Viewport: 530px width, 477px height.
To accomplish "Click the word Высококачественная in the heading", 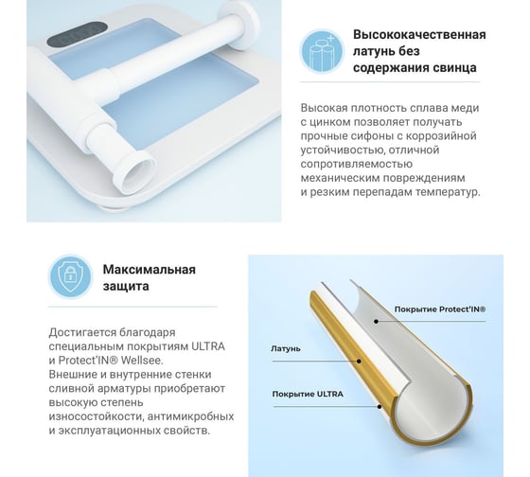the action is (419, 34).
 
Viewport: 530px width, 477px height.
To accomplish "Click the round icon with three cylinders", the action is (322, 51).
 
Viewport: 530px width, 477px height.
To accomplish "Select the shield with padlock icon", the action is (70, 276).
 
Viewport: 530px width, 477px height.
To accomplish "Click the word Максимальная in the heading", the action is (150, 270).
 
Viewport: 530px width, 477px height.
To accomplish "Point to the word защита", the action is (126, 286).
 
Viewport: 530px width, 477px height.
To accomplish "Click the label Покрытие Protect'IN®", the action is (440, 309).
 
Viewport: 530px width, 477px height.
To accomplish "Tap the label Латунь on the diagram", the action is (286, 348).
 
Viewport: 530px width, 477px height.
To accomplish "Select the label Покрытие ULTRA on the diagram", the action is (308, 394).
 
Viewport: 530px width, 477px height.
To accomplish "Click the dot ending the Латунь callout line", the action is (359, 361).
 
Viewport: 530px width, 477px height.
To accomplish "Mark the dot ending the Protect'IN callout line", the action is (376, 321).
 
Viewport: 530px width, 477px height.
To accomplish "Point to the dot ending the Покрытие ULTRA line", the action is (380, 406).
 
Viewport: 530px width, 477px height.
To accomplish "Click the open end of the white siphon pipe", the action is (136, 173).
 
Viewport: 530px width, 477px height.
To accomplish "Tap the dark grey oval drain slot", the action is (77, 34).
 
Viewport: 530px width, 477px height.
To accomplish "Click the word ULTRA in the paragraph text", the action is (208, 346).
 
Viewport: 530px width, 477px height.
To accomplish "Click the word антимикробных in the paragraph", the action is (190, 416).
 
